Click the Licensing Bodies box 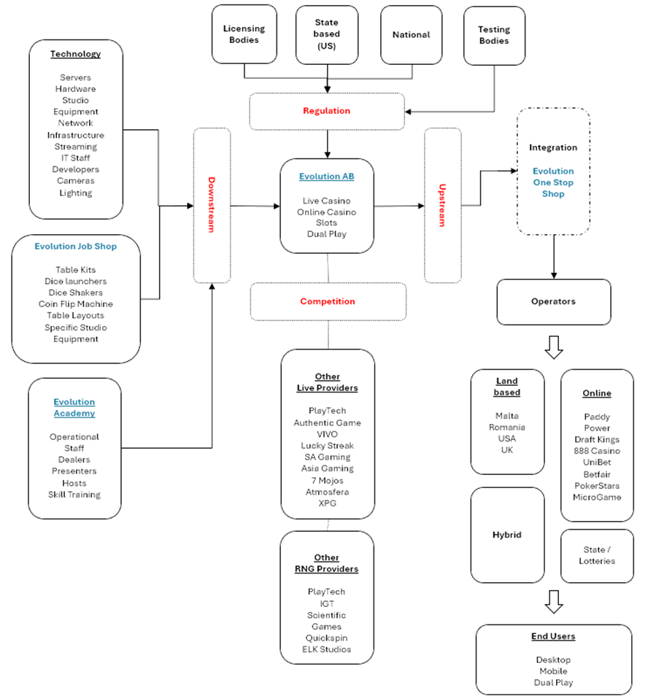(x=244, y=34)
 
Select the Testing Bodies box (x=494, y=35)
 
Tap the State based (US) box (x=328, y=34)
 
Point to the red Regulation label (x=327, y=111)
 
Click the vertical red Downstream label (x=212, y=205)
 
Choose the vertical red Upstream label (x=442, y=205)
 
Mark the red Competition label (x=328, y=301)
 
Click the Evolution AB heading (x=326, y=177)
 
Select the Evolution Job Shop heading (x=76, y=247)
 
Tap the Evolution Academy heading (x=74, y=408)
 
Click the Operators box (x=553, y=301)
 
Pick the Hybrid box (x=507, y=535)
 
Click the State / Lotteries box (x=596, y=555)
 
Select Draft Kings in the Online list (x=596, y=440)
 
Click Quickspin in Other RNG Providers (x=326, y=638)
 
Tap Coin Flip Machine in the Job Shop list (x=76, y=304)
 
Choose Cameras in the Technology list (x=76, y=181)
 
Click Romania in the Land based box (x=507, y=428)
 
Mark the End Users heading (x=553, y=636)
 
